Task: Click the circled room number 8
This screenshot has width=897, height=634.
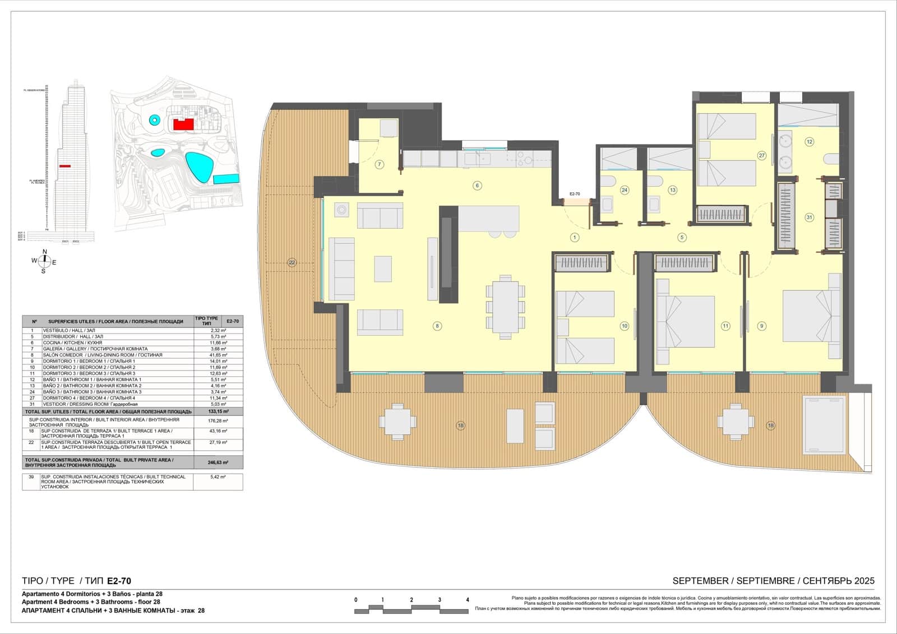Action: coord(437,326)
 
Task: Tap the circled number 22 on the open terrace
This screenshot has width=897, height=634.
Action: coord(292,262)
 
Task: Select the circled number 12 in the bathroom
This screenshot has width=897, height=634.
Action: coord(809,142)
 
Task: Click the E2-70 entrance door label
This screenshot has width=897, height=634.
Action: coord(575,194)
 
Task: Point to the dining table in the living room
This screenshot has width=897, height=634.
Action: coord(505,306)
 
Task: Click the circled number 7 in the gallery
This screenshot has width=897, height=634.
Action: coord(380,164)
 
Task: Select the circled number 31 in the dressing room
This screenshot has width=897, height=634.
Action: coord(809,217)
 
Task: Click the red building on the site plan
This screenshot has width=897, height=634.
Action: coord(183,124)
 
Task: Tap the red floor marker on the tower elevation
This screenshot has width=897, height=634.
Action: coord(65,166)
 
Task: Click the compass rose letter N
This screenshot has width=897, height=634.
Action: coord(45,252)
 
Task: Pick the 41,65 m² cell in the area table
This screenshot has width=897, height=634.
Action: coord(218,355)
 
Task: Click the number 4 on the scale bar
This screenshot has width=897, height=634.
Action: coord(468,600)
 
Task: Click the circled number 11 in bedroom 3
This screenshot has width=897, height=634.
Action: coord(725,326)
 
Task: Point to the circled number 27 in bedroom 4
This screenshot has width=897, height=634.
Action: coord(761,155)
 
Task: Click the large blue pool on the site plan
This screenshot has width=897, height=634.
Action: coord(200,167)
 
